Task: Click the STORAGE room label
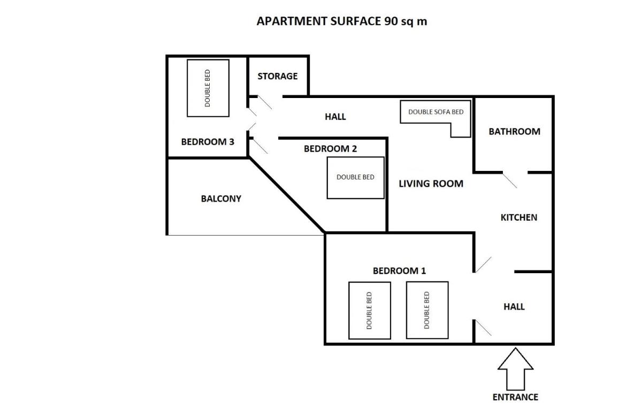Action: click(x=278, y=76)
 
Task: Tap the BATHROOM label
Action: click(x=515, y=131)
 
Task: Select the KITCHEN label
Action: click(x=519, y=217)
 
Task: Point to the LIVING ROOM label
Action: click(x=431, y=184)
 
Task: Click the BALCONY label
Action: click(x=221, y=199)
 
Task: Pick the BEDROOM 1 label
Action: click(x=399, y=270)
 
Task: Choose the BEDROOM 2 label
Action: click(x=330, y=148)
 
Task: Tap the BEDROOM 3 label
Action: click(x=208, y=142)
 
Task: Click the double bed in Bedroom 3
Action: click(x=208, y=88)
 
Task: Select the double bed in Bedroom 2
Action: click(x=355, y=178)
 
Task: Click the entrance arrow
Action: click(x=515, y=369)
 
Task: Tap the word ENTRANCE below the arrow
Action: click(x=515, y=397)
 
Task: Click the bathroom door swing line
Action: click(x=510, y=181)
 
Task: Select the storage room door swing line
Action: click(x=264, y=102)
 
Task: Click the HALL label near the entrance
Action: click(x=514, y=307)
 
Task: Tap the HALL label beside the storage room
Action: click(x=335, y=117)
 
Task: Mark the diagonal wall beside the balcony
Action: click(x=287, y=195)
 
